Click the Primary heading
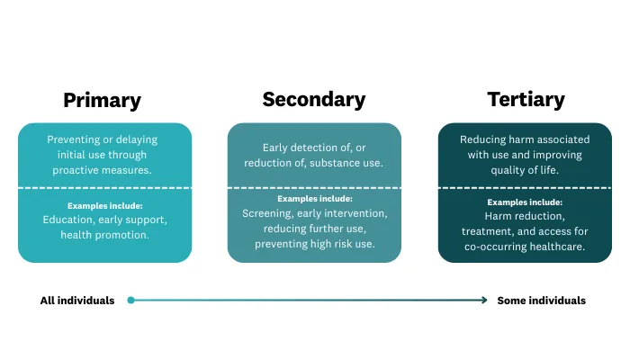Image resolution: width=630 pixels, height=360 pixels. point(102,100)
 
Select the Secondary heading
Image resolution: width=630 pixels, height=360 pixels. point(314,99)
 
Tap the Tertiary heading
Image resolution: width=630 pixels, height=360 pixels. point(525,99)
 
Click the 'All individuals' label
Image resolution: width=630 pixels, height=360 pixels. point(77,301)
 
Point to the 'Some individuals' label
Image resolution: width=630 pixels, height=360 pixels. point(542,301)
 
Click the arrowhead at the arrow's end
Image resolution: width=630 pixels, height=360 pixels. point(483,301)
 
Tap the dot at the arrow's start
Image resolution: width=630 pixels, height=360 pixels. point(131,301)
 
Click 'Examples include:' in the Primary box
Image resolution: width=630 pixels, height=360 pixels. point(104,205)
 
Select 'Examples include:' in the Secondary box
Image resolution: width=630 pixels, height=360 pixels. point(314,199)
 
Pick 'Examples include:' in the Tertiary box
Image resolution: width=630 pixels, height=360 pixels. point(525,202)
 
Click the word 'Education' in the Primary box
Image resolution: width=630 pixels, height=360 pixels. point(69,220)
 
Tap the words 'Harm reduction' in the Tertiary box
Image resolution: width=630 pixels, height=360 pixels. point(525,217)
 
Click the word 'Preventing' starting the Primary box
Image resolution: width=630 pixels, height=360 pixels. point(76,139)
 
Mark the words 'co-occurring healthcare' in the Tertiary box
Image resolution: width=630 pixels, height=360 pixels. point(525,247)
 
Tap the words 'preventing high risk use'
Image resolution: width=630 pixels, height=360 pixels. point(314,244)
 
